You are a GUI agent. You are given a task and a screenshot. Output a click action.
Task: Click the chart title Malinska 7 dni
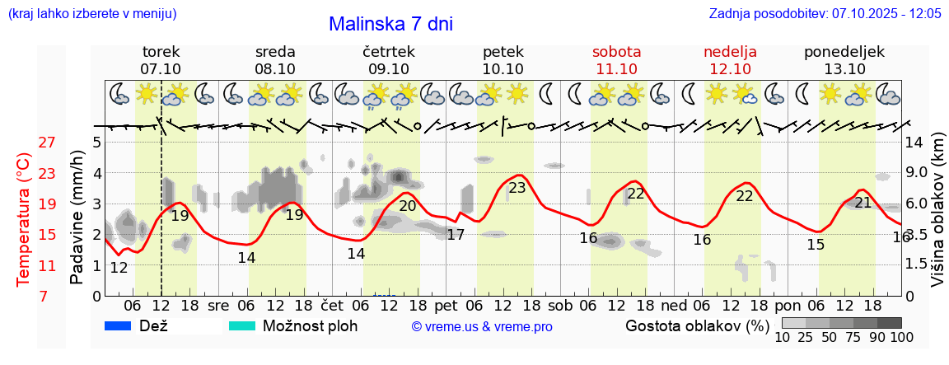[390, 24]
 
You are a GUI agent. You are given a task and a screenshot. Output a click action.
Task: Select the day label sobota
[616, 52]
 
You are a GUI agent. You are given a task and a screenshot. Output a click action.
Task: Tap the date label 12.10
[730, 69]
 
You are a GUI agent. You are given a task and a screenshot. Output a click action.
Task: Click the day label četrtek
[388, 52]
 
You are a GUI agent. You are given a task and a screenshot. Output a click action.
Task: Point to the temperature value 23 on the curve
[517, 188]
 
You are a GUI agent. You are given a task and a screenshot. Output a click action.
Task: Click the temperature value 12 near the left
[119, 268]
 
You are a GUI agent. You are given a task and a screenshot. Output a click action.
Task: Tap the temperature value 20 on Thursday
[407, 206]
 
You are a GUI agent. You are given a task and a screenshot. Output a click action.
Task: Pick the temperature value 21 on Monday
[863, 203]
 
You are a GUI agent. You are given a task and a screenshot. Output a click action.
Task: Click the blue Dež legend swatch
[119, 325]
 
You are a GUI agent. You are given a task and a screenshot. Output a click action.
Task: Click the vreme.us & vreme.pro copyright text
[482, 326]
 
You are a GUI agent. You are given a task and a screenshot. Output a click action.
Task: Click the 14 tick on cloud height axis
[914, 143]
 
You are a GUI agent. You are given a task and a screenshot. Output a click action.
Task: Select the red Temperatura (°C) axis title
[25, 220]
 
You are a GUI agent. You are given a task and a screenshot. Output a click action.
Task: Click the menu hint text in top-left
[91, 14]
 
